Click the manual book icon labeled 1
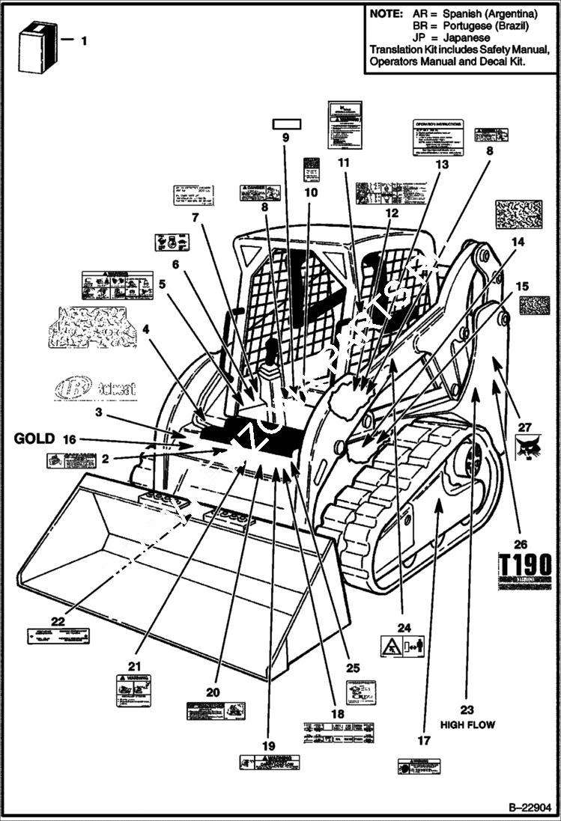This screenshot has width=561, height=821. tap(37, 47)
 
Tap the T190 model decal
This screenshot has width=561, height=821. tap(525, 566)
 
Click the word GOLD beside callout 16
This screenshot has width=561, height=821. tap(34, 439)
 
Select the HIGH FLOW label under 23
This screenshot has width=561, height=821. tap(467, 724)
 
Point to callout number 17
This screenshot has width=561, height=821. tap(424, 740)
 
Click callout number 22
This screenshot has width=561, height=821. tap(58, 620)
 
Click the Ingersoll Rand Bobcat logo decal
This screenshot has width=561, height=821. tap(84, 388)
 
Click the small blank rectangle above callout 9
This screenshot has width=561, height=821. tap(285, 123)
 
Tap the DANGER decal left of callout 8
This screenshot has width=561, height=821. tap(260, 192)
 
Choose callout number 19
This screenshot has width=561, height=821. tap(269, 745)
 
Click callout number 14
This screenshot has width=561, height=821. tap(518, 242)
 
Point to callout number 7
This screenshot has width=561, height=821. tap(195, 219)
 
